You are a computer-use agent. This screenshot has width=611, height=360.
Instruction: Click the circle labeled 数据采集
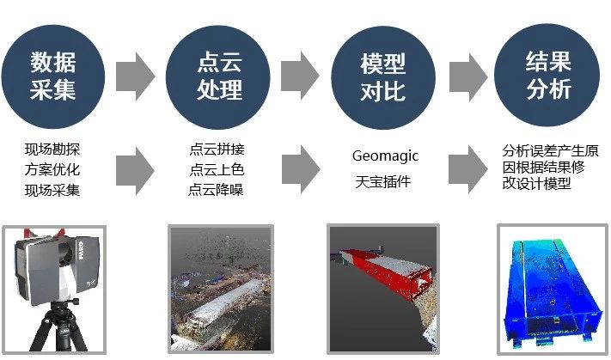point(53,76)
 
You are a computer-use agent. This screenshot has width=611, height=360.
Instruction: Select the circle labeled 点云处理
point(218,77)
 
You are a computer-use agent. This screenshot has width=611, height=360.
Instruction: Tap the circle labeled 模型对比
point(383,77)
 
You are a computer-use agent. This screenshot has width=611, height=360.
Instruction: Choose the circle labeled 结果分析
point(547,75)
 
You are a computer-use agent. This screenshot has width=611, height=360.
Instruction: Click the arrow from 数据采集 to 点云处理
point(136,76)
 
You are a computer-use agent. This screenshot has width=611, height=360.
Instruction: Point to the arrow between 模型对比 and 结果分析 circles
point(468,77)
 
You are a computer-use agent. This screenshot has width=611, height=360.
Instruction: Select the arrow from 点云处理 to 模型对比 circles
point(301,76)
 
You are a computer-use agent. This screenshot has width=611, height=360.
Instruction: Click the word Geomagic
point(385,156)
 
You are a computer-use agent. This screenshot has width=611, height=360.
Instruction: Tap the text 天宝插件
point(383,181)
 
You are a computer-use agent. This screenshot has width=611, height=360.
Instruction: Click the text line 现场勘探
point(52,149)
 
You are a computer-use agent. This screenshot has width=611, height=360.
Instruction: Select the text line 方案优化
point(52,169)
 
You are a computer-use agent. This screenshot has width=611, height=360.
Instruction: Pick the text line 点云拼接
point(217,149)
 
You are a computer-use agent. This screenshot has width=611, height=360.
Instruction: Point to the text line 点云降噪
point(216,190)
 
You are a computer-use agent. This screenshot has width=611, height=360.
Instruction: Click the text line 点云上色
point(217,169)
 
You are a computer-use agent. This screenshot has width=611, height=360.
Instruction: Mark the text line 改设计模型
point(536,183)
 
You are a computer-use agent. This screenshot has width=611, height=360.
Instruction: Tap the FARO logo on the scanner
point(81,251)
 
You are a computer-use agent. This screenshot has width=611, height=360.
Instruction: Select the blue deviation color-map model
point(553,290)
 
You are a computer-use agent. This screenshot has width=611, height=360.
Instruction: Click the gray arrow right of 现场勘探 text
point(135,171)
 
